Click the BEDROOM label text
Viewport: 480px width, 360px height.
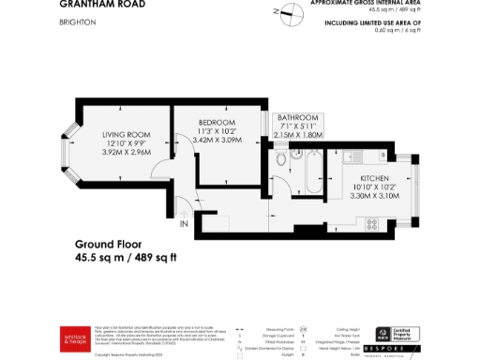(217, 122)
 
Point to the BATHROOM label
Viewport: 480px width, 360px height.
(298, 117)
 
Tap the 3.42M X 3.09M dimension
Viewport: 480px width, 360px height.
(217, 140)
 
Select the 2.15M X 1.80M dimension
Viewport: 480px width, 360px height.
(298, 135)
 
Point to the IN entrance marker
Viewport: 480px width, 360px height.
(183, 224)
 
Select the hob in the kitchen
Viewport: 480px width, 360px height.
(371, 225)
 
